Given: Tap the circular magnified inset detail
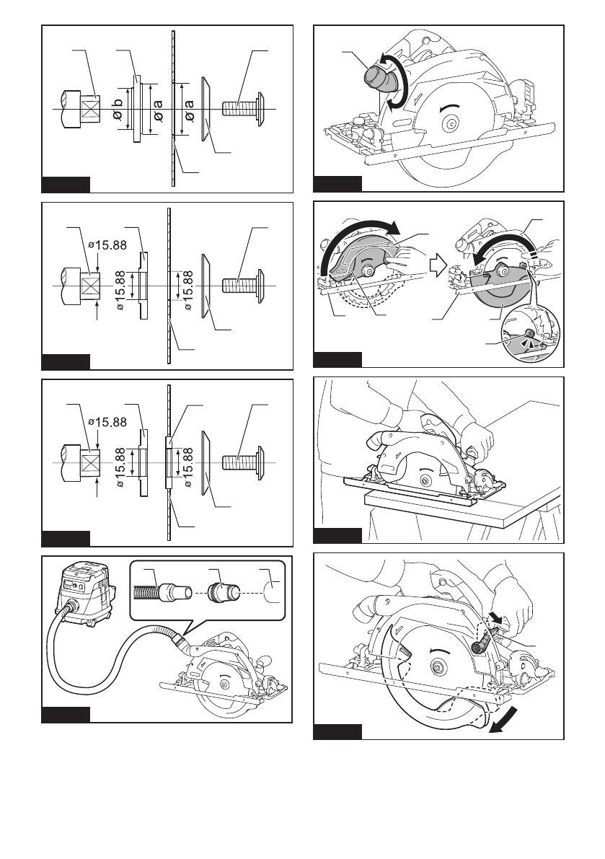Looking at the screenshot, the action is pyautogui.click(x=530, y=333).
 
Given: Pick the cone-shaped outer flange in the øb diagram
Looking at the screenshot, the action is pyautogui.click(x=205, y=108).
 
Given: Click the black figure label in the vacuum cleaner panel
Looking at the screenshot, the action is pyautogui.click(x=66, y=715).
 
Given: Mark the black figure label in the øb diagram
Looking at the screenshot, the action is pyautogui.click(x=66, y=185).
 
